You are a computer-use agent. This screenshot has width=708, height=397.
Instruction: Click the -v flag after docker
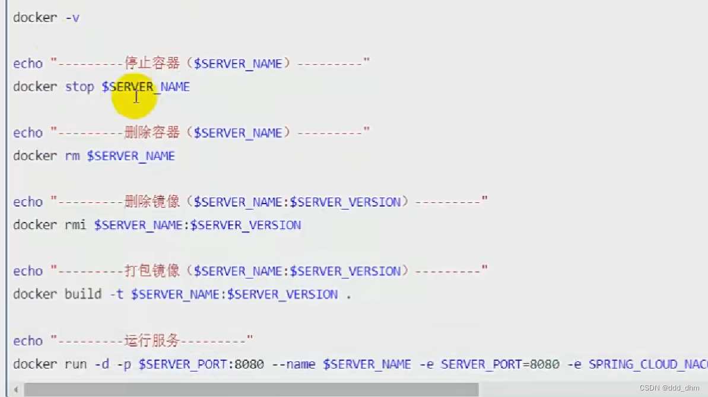[x=72, y=18]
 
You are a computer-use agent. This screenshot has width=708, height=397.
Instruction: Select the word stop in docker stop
[x=80, y=87]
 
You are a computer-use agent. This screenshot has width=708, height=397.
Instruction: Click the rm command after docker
[x=72, y=156]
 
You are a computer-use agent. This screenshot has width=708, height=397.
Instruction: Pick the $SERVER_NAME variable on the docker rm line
[x=131, y=156]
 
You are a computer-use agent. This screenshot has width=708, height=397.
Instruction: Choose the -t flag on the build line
[x=116, y=294]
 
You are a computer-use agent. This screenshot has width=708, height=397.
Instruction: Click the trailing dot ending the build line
[x=349, y=296]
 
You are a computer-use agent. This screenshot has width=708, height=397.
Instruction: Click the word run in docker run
[x=75, y=364]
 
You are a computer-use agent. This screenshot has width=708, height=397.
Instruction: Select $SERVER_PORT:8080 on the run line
[x=201, y=364]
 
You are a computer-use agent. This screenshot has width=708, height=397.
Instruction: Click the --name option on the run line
[x=293, y=364]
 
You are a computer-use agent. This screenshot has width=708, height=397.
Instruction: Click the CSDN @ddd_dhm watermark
[x=669, y=388]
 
